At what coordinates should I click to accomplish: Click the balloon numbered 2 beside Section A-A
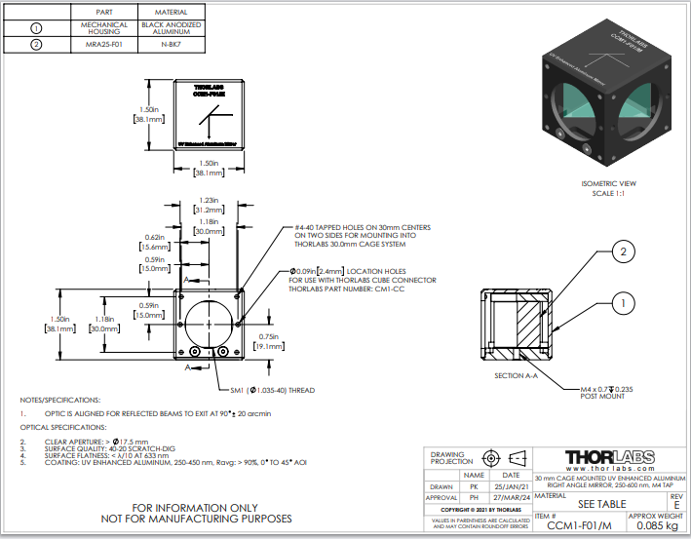coord(622,254)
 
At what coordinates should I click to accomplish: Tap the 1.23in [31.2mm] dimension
coord(206,203)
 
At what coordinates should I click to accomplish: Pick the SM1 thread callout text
coord(269,390)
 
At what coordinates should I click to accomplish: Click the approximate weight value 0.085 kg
coord(655,525)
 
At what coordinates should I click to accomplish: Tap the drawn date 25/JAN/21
coord(511,484)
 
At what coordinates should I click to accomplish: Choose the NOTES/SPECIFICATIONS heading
coord(59,401)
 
